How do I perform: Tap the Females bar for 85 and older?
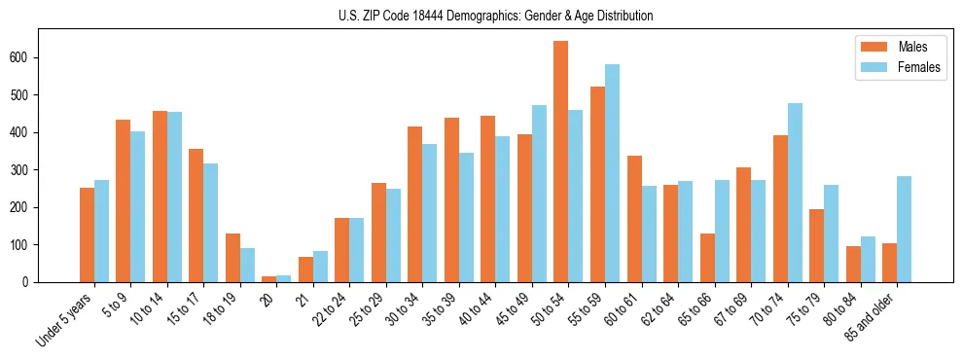904,229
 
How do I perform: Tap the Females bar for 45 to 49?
539,194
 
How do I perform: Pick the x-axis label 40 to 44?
479,308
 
